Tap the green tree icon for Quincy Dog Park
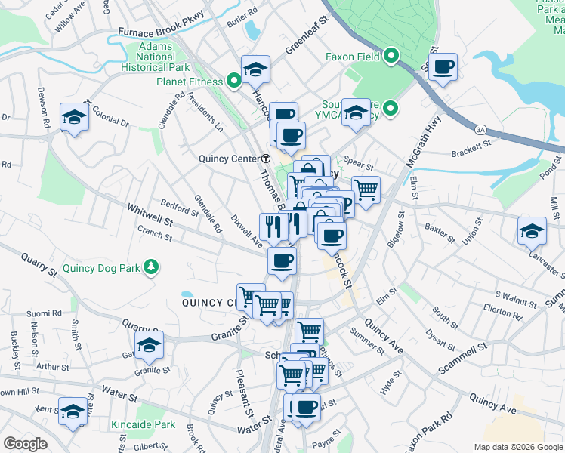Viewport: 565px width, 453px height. click(x=152, y=267)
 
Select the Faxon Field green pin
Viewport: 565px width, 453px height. click(x=391, y=56)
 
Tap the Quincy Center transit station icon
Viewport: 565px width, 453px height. click(x=266, y=159)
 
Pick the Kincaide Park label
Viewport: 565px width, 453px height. click(x=142, y=425)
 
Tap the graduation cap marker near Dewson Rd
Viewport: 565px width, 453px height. click(x=74, y=117)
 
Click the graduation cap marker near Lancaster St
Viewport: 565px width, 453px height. click(x=532, y=231)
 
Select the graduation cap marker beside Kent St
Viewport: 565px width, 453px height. click(x=73, y=411)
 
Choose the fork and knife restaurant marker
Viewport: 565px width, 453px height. click(x=273, y=224)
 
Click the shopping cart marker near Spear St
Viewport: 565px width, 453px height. click(x=366, y=189)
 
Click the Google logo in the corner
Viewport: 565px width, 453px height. click(x=25, y=444)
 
